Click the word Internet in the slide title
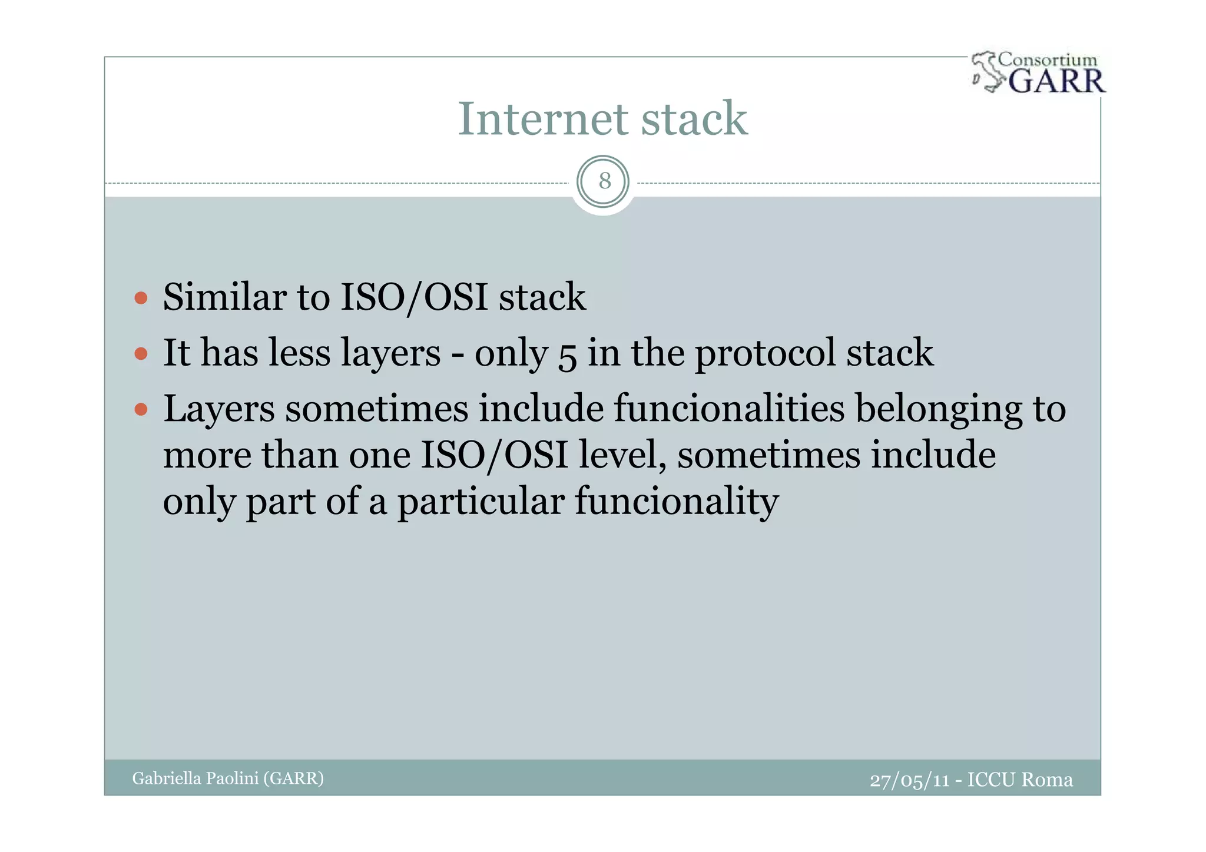pos(542,119)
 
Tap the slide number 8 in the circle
pos(604,181)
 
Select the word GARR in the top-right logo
pos(1056,81)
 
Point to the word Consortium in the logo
pos(1048,59)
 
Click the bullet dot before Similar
pos(141,297)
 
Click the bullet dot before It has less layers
pos(141,353)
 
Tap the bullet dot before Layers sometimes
pos(141,409)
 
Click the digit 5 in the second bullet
pos(567,355)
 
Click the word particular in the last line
pos(481,502)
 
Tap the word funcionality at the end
pos(677,502)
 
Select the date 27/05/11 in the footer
pos(909,780)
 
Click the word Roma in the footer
pos(1046,780)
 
